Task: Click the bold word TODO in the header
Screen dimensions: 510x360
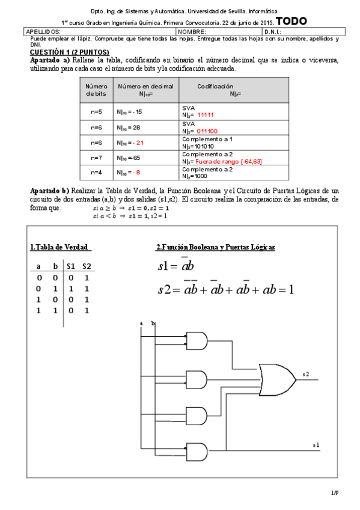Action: click(291, 21)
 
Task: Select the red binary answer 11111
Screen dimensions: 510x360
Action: click(206, 114)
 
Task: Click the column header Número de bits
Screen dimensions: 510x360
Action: click(96, 90)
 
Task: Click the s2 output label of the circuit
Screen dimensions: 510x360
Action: click(306, 374)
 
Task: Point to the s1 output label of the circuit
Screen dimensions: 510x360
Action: click(316, 444)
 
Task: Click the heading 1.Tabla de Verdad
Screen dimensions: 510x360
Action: click(60, 247)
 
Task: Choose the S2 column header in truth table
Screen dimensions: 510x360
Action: click(87, 266)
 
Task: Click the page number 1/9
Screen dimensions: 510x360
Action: click(335, 493)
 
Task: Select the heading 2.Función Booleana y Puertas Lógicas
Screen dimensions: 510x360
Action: click(215, 247)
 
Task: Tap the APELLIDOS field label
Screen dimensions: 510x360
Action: click(43, 31)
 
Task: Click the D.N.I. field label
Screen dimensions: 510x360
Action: click(273, 31)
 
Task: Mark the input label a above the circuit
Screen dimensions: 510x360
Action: click(141, 324)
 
